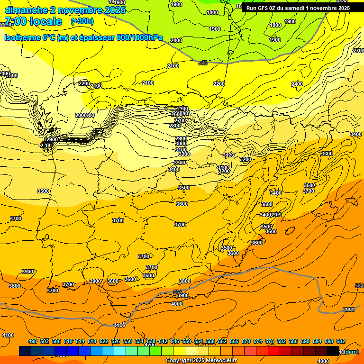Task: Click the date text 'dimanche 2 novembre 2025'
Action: tap(65, 10)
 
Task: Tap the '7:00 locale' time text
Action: tap(33, 21)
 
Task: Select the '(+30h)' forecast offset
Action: tap(82, 21)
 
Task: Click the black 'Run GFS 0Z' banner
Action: tap(298, 8)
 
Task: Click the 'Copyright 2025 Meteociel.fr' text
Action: tap(201, 361)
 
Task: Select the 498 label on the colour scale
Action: tap(33, 341)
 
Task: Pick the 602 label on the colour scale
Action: tap(341, 341)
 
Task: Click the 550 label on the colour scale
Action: tap(187, 341)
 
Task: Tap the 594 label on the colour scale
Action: tap(317, 341)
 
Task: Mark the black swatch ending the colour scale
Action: tap(333, 351)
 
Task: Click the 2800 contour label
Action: tap(174, 126)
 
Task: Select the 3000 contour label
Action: tap(181, 144)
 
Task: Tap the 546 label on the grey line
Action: tap(203, 63)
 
